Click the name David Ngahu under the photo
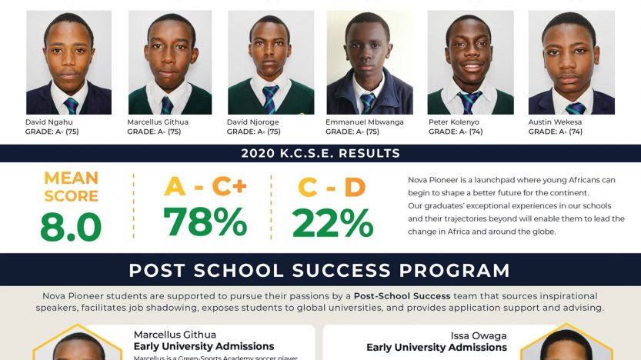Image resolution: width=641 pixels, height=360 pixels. click(49, 122)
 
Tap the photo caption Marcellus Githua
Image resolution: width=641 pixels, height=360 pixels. click(158, 122)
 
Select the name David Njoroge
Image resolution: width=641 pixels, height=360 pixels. click(253, 122)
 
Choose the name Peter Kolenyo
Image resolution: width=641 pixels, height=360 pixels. click(454, 122)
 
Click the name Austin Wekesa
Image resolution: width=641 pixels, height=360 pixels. click(555, 122)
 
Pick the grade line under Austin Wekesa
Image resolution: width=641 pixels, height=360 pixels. click(556, 132)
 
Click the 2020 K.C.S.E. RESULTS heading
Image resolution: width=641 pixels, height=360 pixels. click(320, 153)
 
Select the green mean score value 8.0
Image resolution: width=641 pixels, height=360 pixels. click(71, 226)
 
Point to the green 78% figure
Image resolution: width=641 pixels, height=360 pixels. click(205, 222)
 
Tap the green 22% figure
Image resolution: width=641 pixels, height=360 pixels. click(332, 223)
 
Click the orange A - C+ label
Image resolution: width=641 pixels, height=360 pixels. click(205, 187)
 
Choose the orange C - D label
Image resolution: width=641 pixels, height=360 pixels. click(332, 187)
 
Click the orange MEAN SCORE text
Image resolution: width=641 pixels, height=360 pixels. click(71, 187)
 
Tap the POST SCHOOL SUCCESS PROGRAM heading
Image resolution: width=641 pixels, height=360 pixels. click(319, 270)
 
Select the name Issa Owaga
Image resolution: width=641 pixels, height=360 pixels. click(479, 335)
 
